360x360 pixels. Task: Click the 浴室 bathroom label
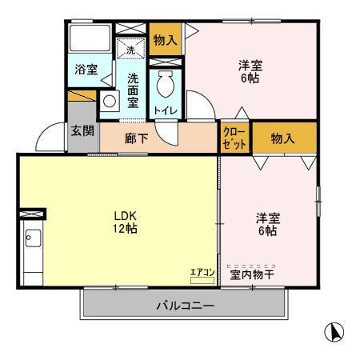87,70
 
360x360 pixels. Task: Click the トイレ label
166,110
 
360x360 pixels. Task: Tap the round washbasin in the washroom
109,102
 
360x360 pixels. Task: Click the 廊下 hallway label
135,138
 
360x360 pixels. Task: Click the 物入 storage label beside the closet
283,138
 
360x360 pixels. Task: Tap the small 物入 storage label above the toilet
166,39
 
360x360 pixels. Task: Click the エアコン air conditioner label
202,272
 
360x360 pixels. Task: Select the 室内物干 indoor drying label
252,274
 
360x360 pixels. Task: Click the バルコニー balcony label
184,306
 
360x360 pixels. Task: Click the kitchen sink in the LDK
32,238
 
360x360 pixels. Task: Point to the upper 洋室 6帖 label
250,71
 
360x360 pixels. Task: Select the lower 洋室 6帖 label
267,224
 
